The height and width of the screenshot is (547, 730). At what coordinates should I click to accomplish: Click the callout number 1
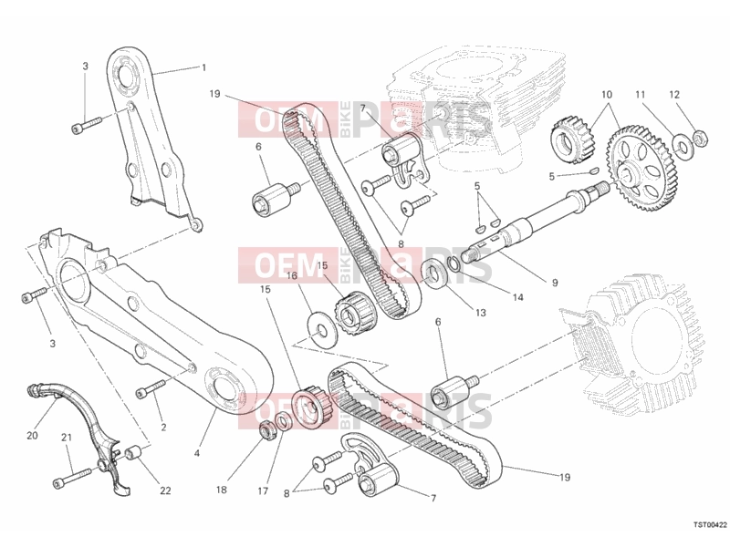click(x=203, y=67)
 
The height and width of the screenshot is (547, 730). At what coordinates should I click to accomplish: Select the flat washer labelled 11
click(x=682, y=145)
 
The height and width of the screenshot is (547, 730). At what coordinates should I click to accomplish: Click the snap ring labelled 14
click(x=454, y=263)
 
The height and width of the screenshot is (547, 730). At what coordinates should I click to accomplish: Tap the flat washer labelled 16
click(x=321, y=328)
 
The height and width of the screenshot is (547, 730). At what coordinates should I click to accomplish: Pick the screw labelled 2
click(x=151, y=389)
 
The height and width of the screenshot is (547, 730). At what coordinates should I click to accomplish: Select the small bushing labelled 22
click(x=132, y=452)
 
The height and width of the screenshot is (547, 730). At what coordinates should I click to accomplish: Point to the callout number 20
click(x=32, y=436)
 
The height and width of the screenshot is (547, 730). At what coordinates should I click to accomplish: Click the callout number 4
click(x=196, y=452)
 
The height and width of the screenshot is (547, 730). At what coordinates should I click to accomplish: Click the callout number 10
click(x=606, y=95)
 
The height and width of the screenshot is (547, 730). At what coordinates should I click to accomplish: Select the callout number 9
click(x=555, y=283)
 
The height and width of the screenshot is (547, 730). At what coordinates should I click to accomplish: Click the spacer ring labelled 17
click(x=283, y=421)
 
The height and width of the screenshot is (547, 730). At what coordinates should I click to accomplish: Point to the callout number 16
click(x=291, y=276)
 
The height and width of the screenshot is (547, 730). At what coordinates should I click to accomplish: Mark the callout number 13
click(x=481, y=313)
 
